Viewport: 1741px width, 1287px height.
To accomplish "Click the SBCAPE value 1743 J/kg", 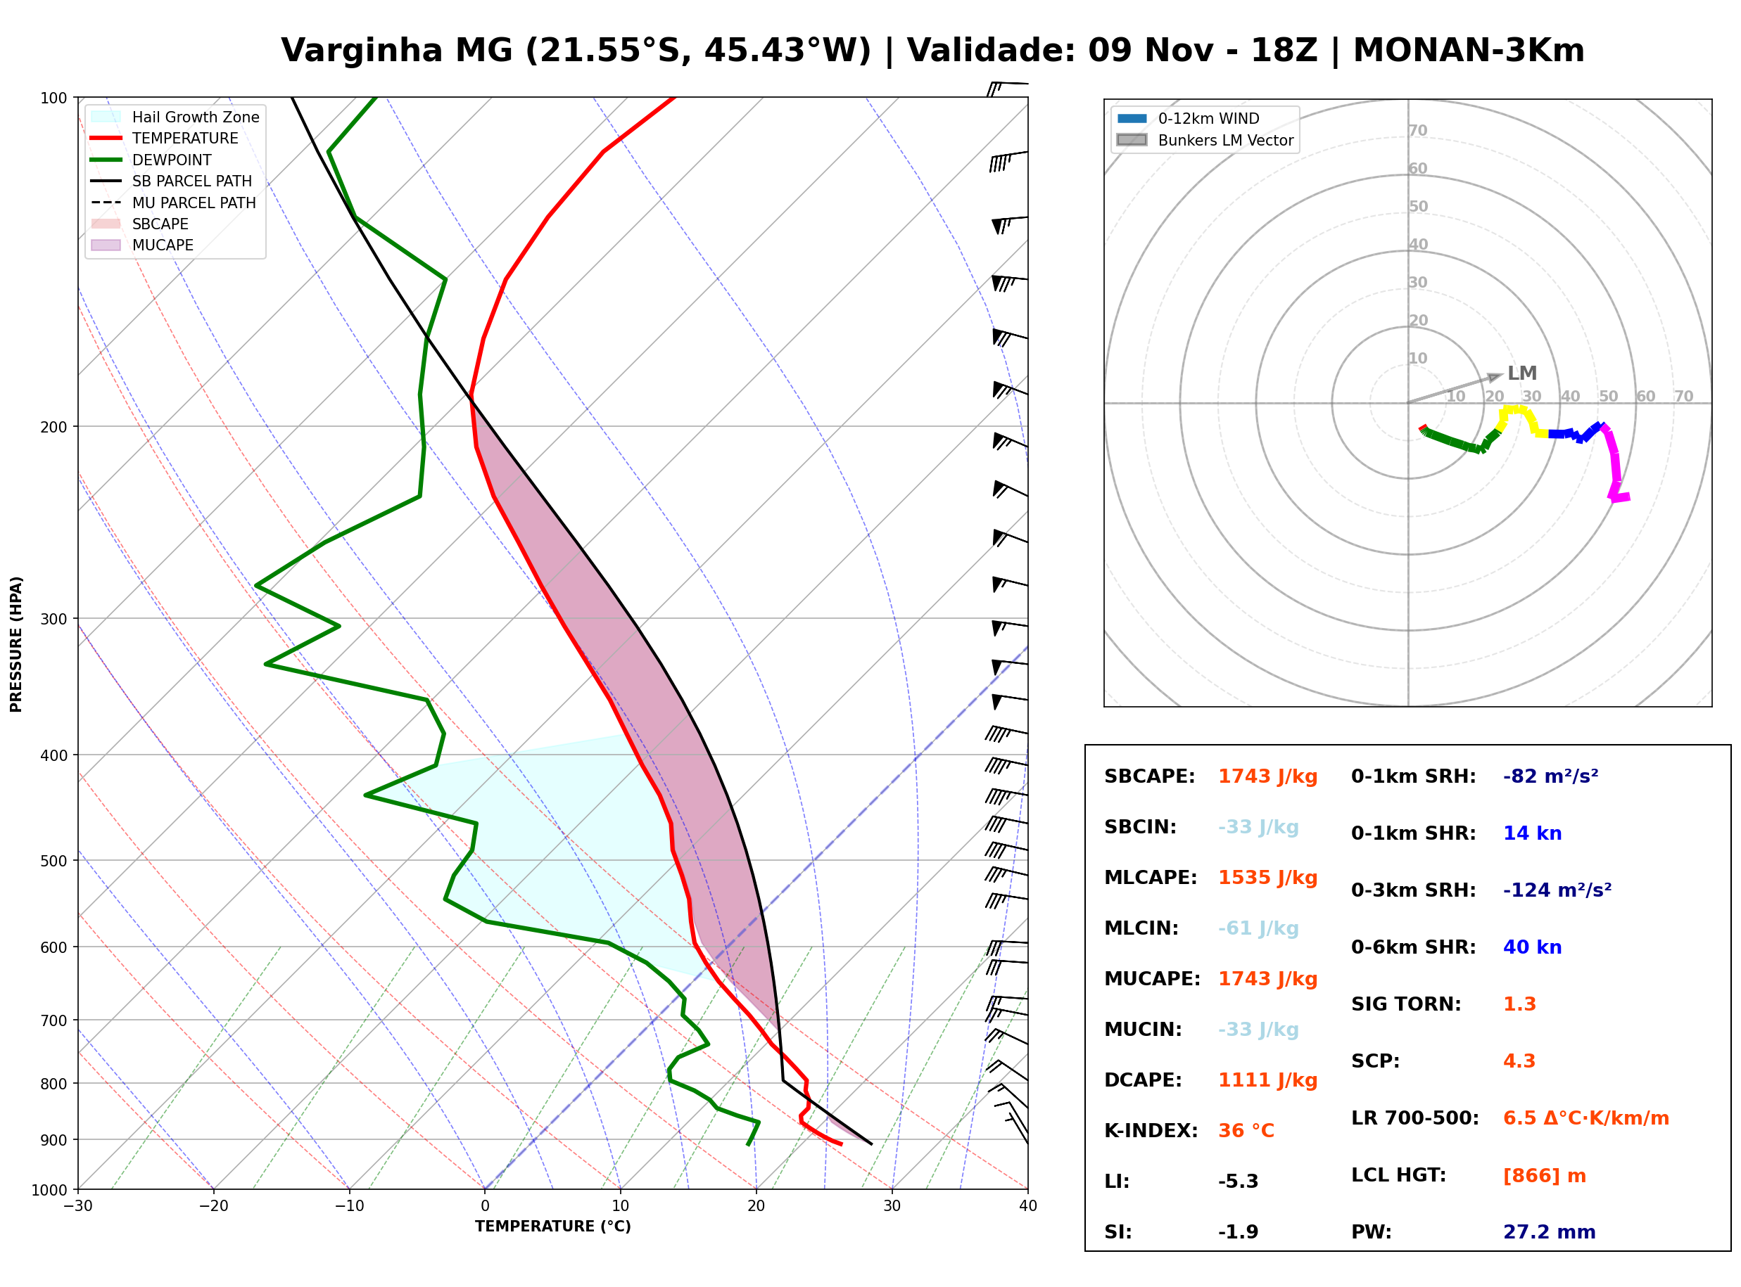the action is point(1268,776).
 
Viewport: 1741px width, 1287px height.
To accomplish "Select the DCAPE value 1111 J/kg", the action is point(1268,1080).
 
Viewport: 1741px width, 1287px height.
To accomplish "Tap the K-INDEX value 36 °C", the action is point(1246,1131).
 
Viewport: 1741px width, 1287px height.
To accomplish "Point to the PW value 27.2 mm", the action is point(1550,1232).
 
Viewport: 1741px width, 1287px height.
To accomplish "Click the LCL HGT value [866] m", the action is point(1545,1176).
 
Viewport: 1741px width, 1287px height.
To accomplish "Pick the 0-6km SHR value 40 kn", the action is point(1532,947).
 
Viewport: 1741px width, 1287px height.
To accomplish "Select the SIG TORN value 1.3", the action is point(1519,1004).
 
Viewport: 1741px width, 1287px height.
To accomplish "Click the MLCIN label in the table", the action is point(1141,928).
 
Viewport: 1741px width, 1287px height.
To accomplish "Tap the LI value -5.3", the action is point(1239,1182).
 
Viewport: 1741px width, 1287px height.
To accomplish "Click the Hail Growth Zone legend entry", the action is point(175,117).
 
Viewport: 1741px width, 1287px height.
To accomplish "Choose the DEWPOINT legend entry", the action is point(151,160).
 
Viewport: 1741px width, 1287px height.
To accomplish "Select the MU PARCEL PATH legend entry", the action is point(173,203).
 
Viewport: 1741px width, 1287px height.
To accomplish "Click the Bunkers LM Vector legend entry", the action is point(1205,140).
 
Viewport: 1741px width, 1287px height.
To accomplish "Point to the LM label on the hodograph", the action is point(1522,373).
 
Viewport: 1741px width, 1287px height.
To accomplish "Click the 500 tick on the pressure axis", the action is point(53,861).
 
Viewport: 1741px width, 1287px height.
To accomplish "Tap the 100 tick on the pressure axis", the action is point(53,97).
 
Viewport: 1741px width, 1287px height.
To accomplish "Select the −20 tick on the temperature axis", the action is point(213,1206).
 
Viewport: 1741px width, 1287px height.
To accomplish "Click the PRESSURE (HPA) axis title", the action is point(16,644).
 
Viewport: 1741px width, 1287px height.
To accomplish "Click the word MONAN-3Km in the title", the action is point(1469,51).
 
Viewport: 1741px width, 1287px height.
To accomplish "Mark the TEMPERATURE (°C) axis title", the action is point(553,1227).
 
